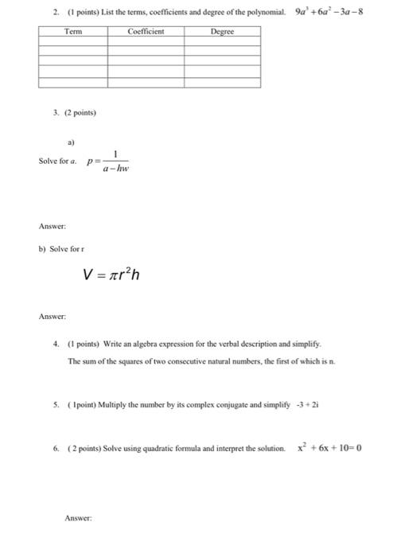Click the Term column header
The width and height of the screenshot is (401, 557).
coord(72,32)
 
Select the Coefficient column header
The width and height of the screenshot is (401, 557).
coord(146,32)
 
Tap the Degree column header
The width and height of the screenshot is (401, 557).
coord(222,32)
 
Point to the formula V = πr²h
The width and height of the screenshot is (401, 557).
coord(113,275)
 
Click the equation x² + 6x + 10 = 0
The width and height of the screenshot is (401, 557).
coord(329,448)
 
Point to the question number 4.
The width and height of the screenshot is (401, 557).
coord(56,344)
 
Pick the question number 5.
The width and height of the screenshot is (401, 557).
coord(56,404)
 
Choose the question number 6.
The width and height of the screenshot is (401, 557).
coord(56,449)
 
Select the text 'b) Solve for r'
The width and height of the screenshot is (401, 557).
coord(61,249)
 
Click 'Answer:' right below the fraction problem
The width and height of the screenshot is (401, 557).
coord(52,225)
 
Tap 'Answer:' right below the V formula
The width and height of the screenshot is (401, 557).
coord(52,317)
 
